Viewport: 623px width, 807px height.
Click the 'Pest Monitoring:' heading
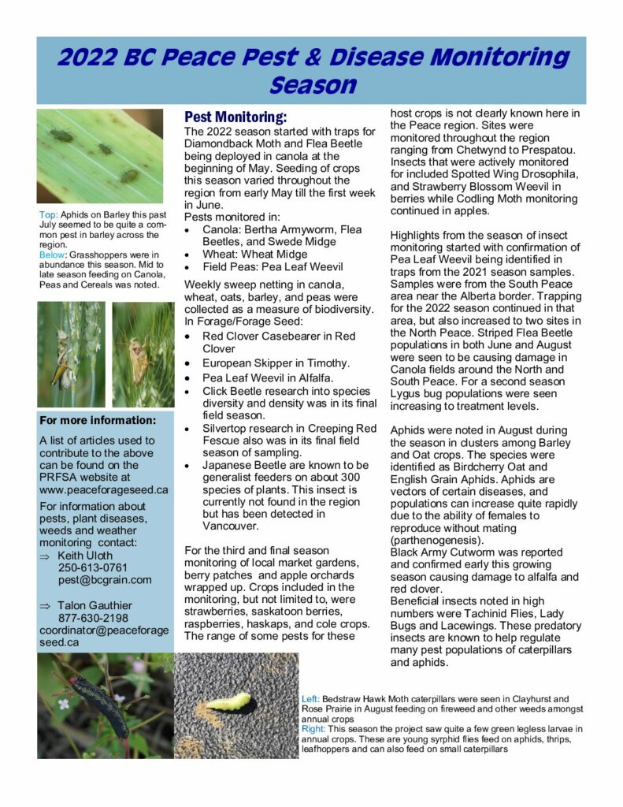(x=235, y=117)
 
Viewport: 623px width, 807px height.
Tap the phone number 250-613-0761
(x=92, y=567)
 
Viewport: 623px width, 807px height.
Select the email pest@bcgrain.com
(x=104, y=580)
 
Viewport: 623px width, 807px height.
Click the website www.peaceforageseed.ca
(x=104, y=489)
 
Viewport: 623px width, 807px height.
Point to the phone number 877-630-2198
(x=92, y=618)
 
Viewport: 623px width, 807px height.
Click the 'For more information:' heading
(x=98, y=420)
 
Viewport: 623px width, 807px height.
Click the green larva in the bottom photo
(x=228, y=699)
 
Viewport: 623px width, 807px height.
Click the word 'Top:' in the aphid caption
(x=49, y=215)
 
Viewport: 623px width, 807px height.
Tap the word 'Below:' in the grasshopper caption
(x=54, y=255)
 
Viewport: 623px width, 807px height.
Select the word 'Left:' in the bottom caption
(x=312, y=699)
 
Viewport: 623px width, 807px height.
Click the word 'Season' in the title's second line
(x=312, y=85)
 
